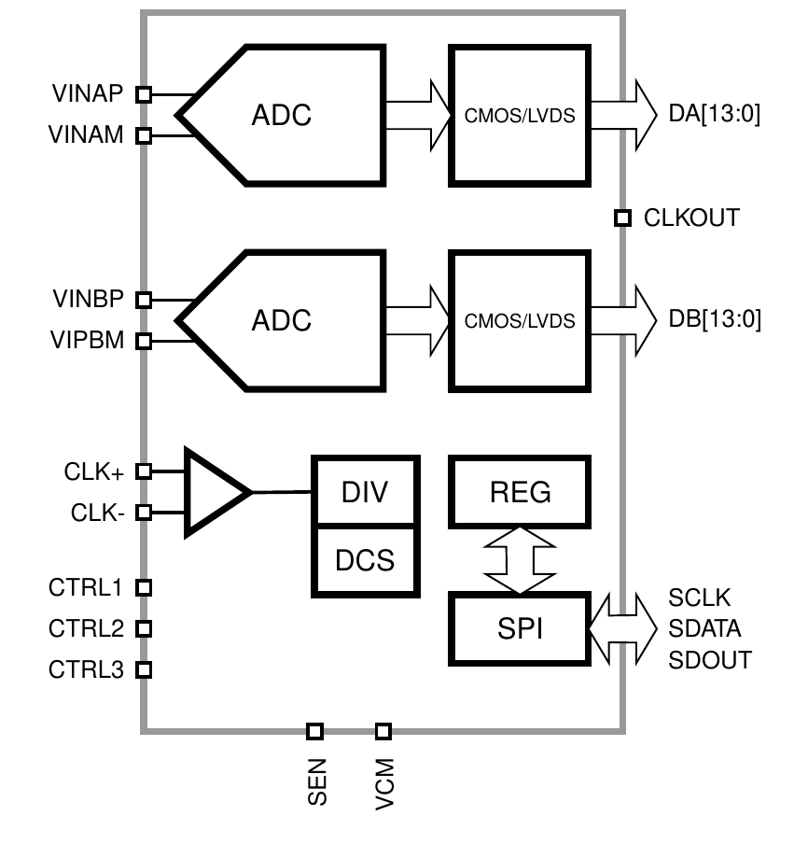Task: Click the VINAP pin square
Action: tap(144, 94)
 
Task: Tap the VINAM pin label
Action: tap(86, 134)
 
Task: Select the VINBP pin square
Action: tap(144, 300)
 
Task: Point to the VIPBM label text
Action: tap(87, 340)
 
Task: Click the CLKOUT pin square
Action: tap(622, 218)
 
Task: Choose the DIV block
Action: tap(365, 491)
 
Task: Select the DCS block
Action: tap(365, 560)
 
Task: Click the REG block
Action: tap(520, 491)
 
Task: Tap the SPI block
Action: tap(520, 628)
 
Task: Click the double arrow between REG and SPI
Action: tap(520, 560)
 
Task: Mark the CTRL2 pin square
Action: tap(144, 628)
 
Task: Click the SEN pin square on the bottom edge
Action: tap(314, 731)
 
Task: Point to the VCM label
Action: tap(384, 783)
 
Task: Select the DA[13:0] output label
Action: tap(715, 114)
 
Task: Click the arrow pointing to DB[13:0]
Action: tap(624, 320)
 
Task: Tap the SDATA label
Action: tap(704, 628)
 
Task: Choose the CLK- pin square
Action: tap(144, 513)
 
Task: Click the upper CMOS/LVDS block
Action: tap(520, 116)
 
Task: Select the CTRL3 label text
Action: tap(86, 669)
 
